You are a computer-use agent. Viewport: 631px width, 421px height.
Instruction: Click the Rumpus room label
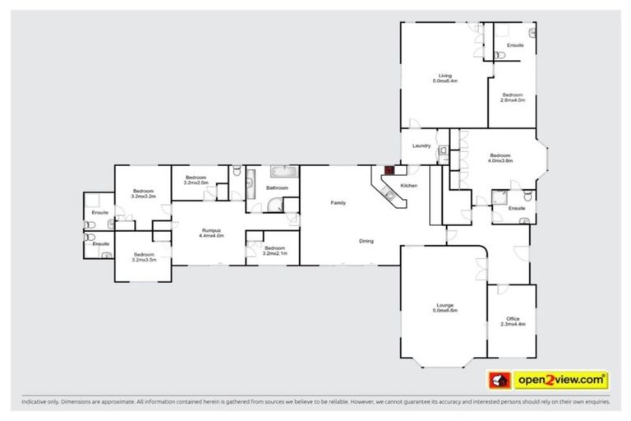click(211, 233)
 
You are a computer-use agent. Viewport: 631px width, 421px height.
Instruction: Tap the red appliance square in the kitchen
click(389, 171)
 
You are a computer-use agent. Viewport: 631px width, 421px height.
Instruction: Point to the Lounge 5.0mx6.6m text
click(444, 308)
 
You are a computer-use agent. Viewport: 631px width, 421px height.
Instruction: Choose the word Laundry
click(422, 146)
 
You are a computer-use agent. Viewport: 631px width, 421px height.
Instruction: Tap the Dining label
click(366, 241)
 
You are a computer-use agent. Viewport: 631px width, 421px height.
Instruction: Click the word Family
click(338, 202)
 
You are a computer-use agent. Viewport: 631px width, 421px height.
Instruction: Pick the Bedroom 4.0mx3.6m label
click(500, 158)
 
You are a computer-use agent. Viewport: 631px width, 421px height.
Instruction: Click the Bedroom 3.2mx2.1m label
click(274, 250)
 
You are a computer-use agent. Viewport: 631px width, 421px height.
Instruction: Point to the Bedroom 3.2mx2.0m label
click(196, 180)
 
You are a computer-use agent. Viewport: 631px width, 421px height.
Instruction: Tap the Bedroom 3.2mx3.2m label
click(145, 194)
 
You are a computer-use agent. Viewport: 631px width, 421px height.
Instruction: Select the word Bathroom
click(277, 188)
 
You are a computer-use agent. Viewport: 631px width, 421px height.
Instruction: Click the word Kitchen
click(409, 187)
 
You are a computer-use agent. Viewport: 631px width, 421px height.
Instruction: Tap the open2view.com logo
click(550, 380)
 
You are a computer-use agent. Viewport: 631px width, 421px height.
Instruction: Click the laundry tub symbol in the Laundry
click(442, 150)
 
